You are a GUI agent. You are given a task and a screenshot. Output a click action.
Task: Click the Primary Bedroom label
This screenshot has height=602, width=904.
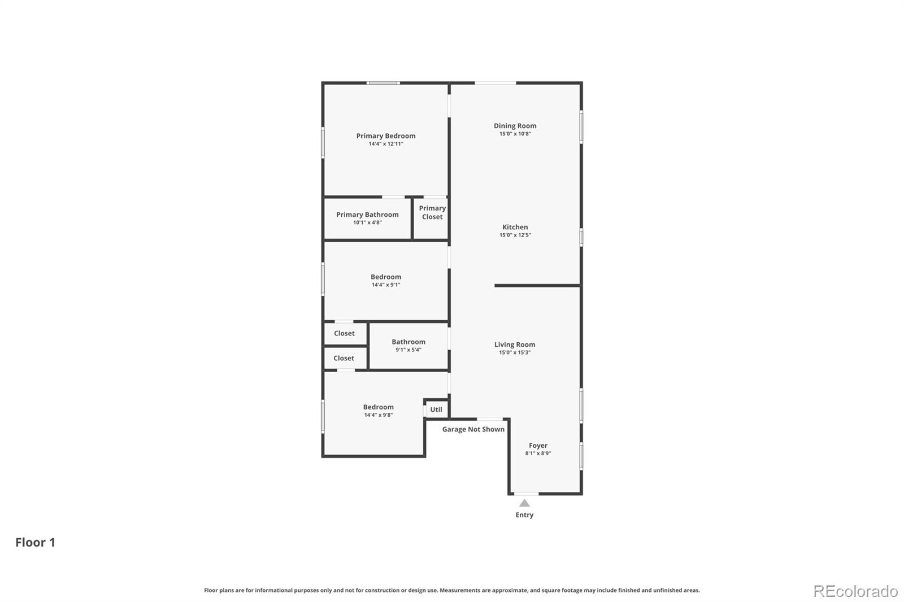click(386, 136)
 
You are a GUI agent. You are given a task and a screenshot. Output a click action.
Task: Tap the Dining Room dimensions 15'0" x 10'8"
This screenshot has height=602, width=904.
click(515, 134)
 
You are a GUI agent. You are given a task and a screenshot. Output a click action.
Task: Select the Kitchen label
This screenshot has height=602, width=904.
click(515, 227)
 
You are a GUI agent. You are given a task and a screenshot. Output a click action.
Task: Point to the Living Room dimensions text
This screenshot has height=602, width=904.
click(514, 352)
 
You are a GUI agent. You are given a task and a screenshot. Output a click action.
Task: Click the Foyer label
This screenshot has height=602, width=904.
click(538, 446)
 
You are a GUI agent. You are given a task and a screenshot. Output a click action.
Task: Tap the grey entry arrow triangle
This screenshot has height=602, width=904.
click(524, 503)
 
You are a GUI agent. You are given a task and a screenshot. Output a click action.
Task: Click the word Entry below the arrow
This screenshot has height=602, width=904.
click(524, 515)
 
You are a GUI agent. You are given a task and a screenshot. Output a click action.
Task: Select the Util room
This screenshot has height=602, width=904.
click(436, 409)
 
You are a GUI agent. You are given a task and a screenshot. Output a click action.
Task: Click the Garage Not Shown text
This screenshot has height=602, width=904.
click(473, 429)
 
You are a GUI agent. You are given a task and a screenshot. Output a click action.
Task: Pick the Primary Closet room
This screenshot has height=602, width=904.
click(432, 213)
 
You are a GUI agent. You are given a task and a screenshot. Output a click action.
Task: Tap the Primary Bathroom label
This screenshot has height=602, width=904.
click(367, 215)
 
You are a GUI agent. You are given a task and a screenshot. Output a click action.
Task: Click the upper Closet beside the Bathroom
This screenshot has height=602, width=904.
click(344, 333)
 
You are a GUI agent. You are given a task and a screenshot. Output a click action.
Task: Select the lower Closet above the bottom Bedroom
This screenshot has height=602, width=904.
click(344, 358)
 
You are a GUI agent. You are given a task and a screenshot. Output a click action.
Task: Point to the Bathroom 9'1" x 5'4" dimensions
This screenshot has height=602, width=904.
click(408, 350)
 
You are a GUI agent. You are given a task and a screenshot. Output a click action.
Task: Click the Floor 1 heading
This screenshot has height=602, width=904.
click(35, 542)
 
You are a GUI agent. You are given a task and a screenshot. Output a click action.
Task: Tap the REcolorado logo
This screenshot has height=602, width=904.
click(855, 591)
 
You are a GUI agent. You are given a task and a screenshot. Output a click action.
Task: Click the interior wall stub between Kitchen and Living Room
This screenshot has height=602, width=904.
click(537, 286)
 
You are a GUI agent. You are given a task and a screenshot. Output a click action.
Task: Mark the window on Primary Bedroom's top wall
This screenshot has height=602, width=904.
click(383, 83)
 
